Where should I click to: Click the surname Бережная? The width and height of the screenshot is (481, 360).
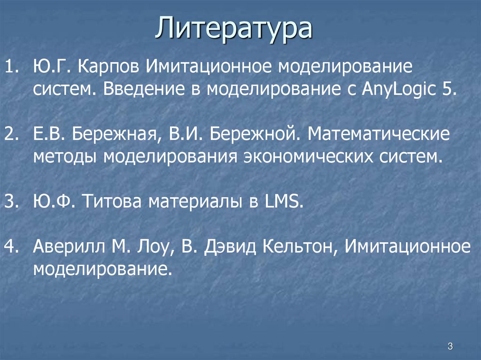tap(114, 135)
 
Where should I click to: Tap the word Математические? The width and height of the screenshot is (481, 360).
tap(379, 135)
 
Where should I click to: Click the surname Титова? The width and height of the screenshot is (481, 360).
tap(115, 203)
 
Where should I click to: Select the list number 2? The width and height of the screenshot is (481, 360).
tap(10, 135)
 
